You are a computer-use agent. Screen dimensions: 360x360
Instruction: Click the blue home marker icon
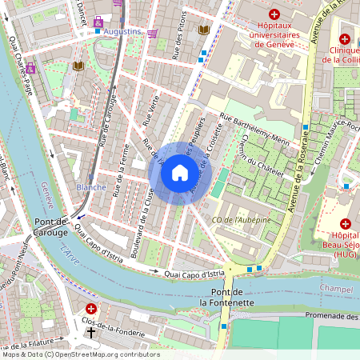pyautogui.click(x=180, y=173)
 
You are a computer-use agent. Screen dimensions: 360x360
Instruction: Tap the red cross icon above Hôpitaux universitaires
pyautogui.click(x=274, y=14)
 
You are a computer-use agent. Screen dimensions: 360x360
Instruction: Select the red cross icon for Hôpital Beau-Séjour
pyautogui.click(x=346, y=224)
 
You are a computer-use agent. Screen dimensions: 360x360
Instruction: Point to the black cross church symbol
pyautogui.click(x=91, y=331)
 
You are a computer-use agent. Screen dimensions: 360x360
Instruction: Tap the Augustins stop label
pyautogui.click(x=122, y=32)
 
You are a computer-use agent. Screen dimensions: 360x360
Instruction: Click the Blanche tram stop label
pyautogui.click(x=90, y=186)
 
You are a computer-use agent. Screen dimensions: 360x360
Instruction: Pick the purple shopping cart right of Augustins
pyautogui.click(x=153, y=33)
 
